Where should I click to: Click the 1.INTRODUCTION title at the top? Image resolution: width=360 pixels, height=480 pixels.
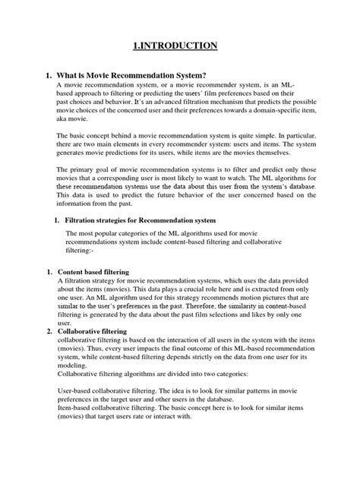(x=180, y=46)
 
